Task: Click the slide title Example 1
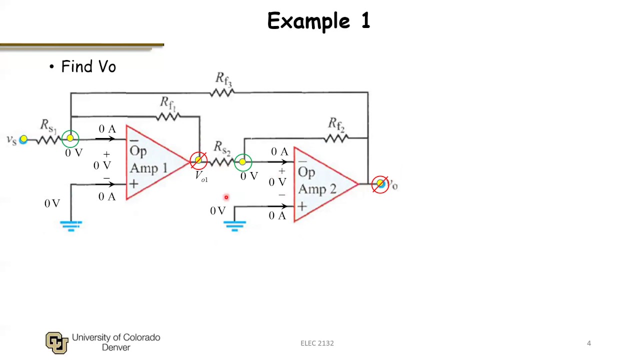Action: click(x=318, y=21)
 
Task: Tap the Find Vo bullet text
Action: click(x=88, y=66)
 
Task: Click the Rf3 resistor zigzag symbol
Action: click(x=222, y=92)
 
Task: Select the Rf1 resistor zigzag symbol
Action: click(x=167, y=116)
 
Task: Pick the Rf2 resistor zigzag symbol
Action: click(x=335, y=138)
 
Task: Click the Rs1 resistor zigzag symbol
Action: click(x=48, y=139)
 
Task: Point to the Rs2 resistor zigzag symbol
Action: click(x=220, y=161)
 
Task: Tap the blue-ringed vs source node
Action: click(x=23, y=139)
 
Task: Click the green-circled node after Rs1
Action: click(x=70, y=138)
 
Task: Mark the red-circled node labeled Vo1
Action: click(x=198, y=160)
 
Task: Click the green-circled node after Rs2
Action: click(x=243, y=161)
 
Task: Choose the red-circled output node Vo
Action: click(x=380, y=184)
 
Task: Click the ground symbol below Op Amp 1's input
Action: click(x=71, y=225)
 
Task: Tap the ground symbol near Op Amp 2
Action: click(x=234, y=225)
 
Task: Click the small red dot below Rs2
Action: click(x=226, y=197)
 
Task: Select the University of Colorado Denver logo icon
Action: click(x=56, y=342)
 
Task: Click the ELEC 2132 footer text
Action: click(x=317, y=343)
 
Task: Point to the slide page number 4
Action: click(x=589, y=343)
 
